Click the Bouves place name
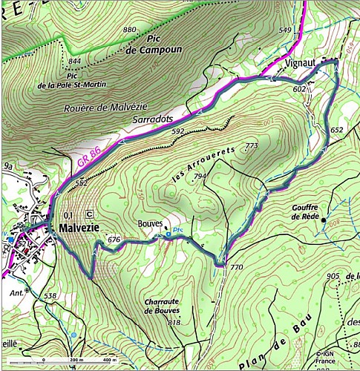coord(148,223)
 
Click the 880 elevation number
coord(130,30)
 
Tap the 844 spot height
coord(74,61)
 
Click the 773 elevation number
coord(251,146)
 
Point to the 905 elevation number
coord(333,277)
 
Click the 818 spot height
coord(174,323)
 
